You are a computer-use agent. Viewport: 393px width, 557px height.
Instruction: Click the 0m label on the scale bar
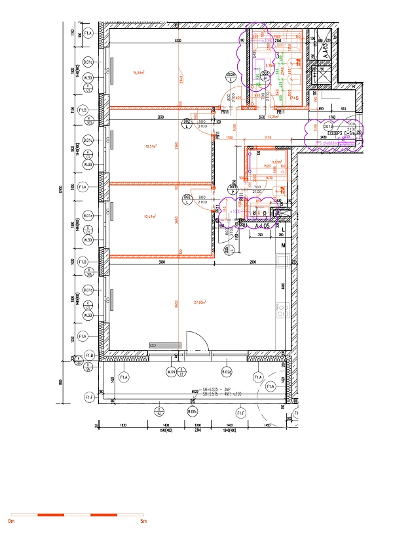point(11,522)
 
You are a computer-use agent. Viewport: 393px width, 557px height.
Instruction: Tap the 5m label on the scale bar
point(143,522)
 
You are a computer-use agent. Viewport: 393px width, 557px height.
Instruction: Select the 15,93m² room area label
point(139,73)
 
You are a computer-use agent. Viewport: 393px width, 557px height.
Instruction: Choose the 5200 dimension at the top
point(178,41)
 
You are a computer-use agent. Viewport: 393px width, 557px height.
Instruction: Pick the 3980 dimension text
point(161,262)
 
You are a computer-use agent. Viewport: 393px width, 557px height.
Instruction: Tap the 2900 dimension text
point(252,262)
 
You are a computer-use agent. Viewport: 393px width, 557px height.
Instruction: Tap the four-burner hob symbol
point(283,310)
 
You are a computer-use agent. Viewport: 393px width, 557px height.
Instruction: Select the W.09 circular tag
point(172,373)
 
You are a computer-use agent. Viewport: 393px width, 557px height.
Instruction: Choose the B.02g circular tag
point(227,373)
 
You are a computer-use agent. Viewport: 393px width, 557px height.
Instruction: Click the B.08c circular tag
point(193,411)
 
